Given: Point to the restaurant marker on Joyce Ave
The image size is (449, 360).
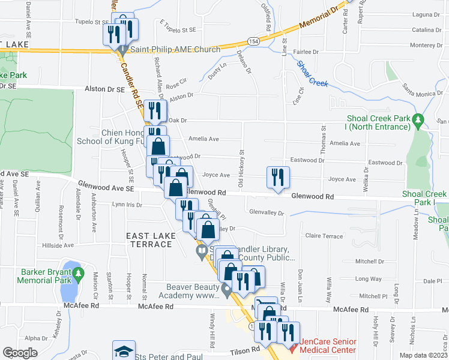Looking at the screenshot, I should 277,178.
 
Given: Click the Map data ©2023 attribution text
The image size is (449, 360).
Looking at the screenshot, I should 423,355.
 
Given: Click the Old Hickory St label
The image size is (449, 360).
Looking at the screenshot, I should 241,175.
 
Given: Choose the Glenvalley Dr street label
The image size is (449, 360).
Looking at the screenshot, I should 266,212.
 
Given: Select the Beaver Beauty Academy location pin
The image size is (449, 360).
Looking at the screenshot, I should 226,290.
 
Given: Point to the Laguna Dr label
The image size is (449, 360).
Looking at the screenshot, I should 427,14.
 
